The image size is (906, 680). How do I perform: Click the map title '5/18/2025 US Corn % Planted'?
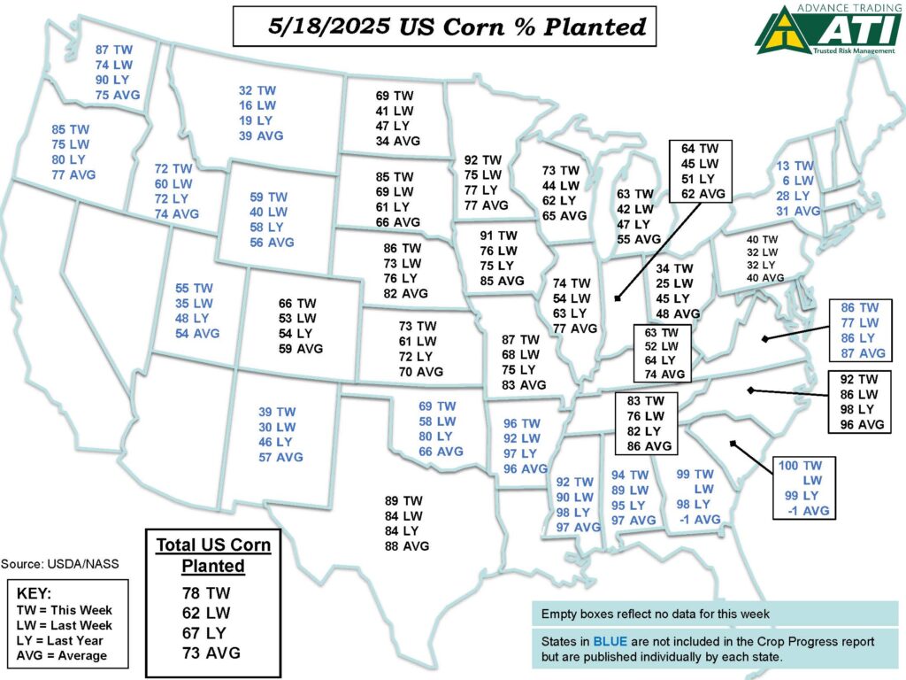click(x=444, y=26)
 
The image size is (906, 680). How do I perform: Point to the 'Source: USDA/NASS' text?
click(x=59, y=563)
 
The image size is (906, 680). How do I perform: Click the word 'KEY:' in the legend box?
click(x=35, y=593)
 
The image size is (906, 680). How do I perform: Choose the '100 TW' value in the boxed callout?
click(x=800, y=465)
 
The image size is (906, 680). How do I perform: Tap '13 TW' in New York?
click(x=794, y=166)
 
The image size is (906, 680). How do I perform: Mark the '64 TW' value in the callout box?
click(x=698, y=148)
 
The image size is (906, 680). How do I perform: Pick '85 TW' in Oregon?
click(x=70, y=128)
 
